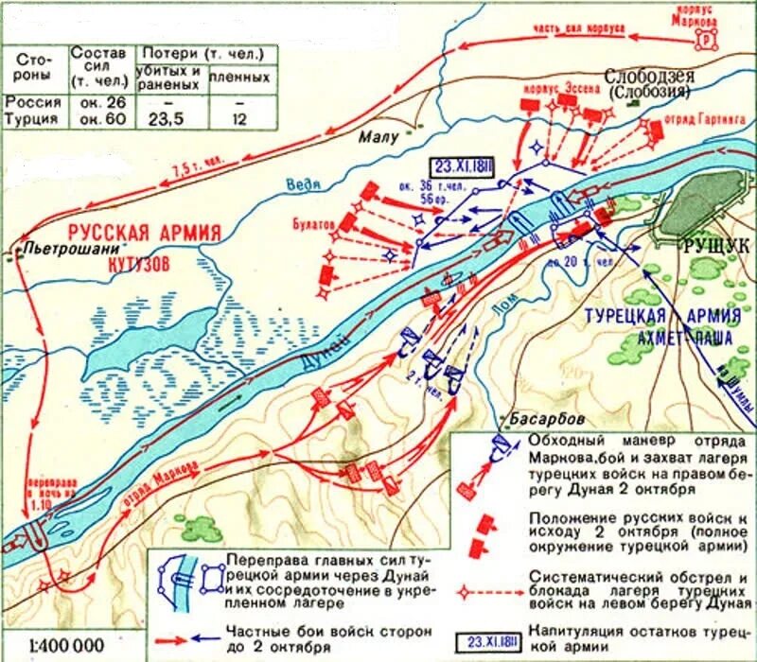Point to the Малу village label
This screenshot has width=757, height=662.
(376, 138)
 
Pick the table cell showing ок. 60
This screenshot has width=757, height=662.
(97, 120)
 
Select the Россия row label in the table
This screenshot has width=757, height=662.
(33, 102)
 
